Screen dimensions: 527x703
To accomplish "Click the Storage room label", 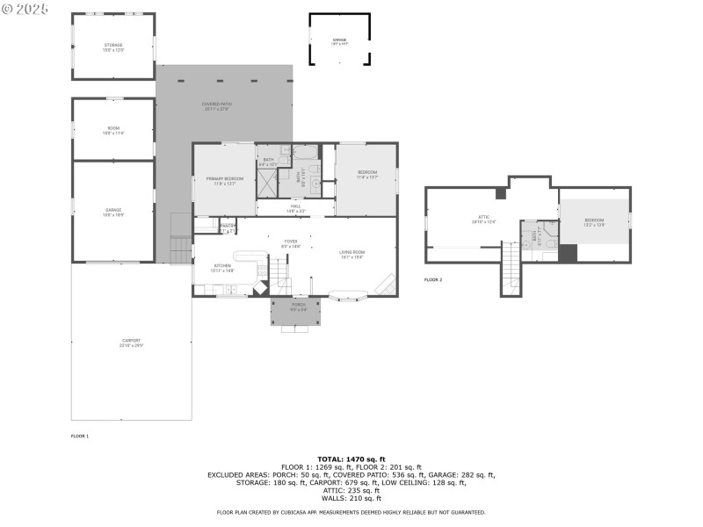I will [x=113, y=47].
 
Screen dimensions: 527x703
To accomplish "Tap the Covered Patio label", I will [x=215, y=106].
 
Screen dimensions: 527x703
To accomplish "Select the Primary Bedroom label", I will [x=224, y=181].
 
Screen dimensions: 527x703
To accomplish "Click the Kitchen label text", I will [x=221, y=268].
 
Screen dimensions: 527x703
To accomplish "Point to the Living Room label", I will [x=352, y=255].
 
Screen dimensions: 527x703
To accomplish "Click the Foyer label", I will [x=291, y=243].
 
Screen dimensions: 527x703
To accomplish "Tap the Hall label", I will [x=295, y=208].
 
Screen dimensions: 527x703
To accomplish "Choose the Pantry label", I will [x=228, y=227].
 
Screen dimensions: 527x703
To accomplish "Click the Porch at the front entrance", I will [x=300, y=307].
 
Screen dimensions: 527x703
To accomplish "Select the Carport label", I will [x=131, y=343].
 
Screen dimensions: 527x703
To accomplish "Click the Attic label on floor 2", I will [x=483, y=220].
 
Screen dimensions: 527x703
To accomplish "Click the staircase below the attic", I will [x=511, y=268].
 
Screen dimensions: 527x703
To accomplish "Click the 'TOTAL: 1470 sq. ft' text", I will [x=351, y=459].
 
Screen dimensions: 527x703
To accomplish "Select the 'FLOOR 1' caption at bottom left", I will [x=80, y=436].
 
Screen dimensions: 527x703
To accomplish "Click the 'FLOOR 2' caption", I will [x=433, y=279].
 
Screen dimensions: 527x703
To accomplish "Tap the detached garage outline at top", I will [x=339, y=40].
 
